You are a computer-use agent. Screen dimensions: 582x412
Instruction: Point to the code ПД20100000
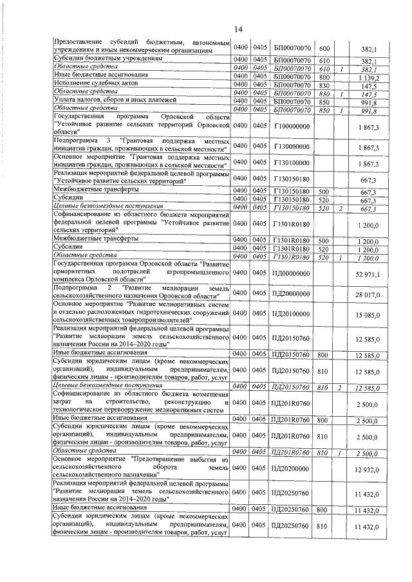pyautogui.click(x=293, y=314)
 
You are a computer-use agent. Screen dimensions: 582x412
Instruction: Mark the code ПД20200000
pyautogui.click(x=293, y=470)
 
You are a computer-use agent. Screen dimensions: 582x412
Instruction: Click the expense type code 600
pyautogui.click(x=324, y=48)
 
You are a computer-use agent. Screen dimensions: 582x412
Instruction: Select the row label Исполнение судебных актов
pyautogui.click(x=84, y=84)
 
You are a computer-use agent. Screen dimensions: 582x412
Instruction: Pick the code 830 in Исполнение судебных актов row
pyautogui.click(x=324, y=85)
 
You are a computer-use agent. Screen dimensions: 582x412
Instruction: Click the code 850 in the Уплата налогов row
pyautogui.click(x=324, y=102)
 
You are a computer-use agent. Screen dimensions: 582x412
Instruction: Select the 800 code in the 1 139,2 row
pyautogui.click(x=324, y=77)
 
